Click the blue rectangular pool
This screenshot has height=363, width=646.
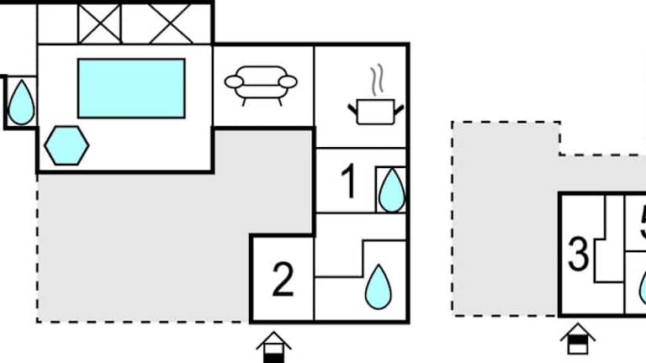click(x=131, y=88)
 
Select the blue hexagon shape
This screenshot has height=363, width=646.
click(x=66, y=146)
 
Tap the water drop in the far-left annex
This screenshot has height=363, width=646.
click(x=21, y=103)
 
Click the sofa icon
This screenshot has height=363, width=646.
click(x=261, y=84)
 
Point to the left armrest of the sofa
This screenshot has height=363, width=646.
click(x=233, y=82)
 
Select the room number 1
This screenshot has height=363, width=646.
click(x=349, y=181)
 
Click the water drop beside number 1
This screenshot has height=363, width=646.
click(x=391, y=191)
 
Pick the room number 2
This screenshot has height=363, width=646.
click(x=283, y=280)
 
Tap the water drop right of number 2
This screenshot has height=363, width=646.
click(x=378, y=286)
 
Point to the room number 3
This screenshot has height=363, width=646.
click(x=578, y=255)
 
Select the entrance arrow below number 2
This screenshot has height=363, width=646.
click(x=273, y=345)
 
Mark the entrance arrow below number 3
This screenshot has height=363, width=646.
click(x=578, y=339)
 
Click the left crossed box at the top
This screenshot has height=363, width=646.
click(x=101, y=23)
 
